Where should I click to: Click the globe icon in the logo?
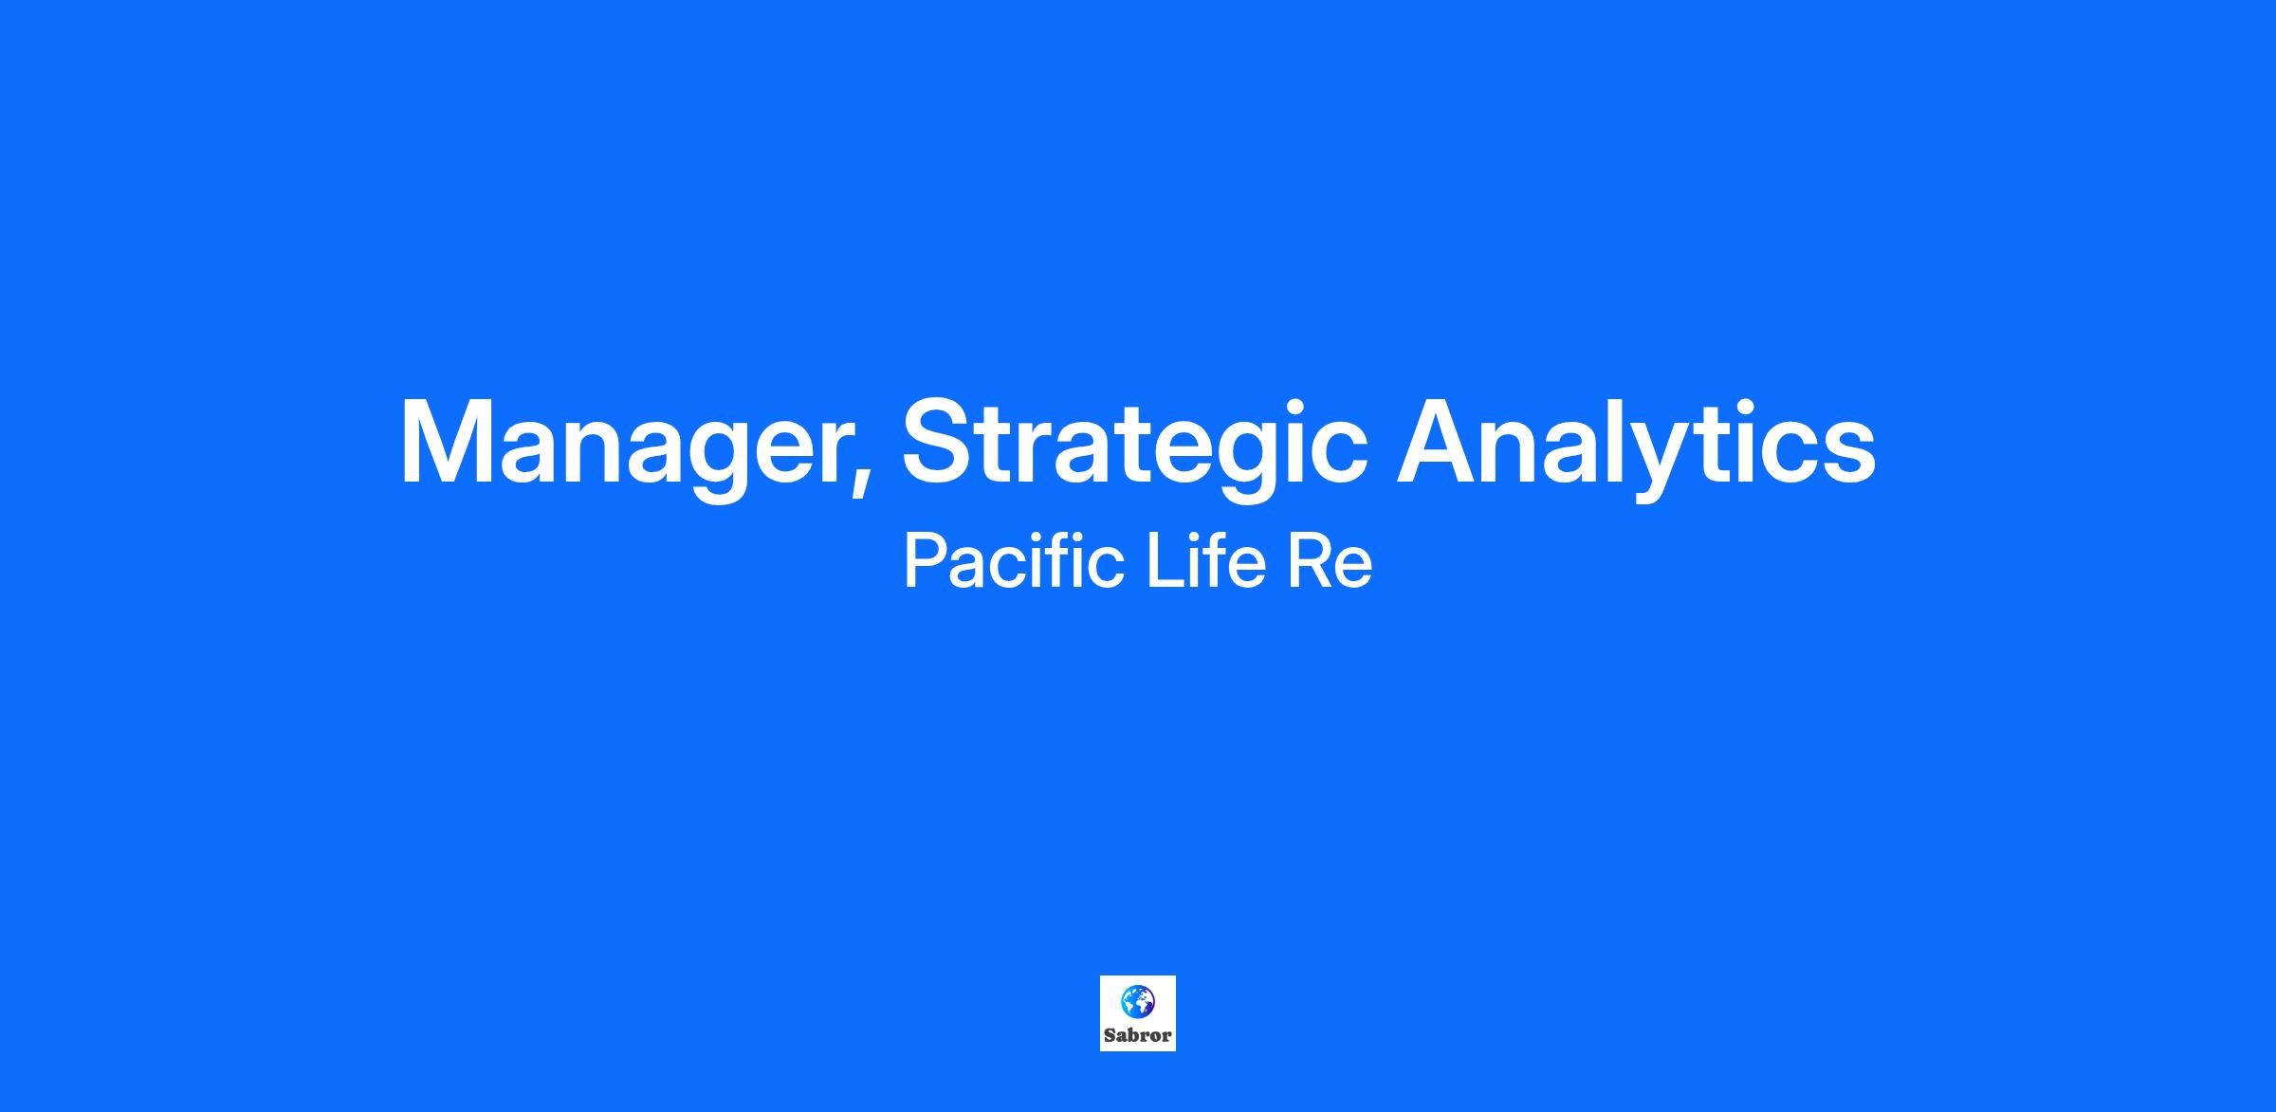(1137, 1001)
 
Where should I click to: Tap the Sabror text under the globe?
(1137, 1035)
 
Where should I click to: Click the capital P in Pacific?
(926, 560)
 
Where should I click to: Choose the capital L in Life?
(1164, 560)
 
